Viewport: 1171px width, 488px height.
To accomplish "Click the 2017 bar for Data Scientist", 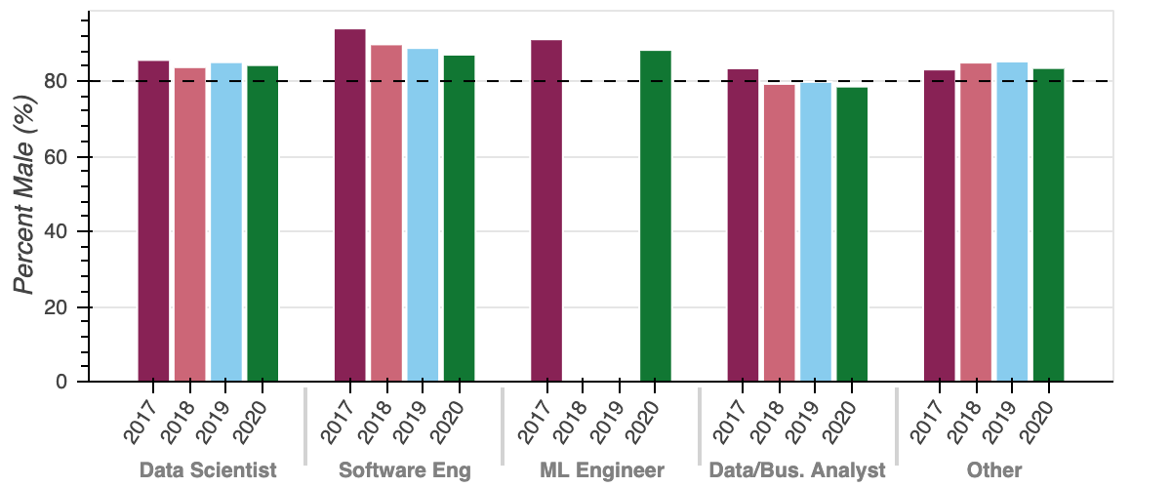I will (x=153, y=221).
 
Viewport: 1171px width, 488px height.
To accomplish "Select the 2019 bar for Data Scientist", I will (x=226, y=222).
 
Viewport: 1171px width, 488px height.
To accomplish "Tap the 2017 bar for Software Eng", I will (x=350, y=205).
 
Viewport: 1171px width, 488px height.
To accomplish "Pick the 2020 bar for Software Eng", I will (x=459, y=218).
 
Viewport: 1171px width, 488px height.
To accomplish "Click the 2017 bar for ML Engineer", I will (x=546, y=210).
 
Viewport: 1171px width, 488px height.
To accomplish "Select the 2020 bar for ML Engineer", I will (x=656, y=216).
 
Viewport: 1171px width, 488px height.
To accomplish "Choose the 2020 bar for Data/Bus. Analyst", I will (x=852, y=234).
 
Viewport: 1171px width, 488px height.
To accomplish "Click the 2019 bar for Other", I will (x=1012, y=222).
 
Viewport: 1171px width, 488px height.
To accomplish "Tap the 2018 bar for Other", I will (x=976, y=222).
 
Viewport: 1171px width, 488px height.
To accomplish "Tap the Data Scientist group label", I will (x=208, y=470).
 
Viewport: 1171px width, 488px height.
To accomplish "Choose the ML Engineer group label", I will (x=601, y=470).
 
